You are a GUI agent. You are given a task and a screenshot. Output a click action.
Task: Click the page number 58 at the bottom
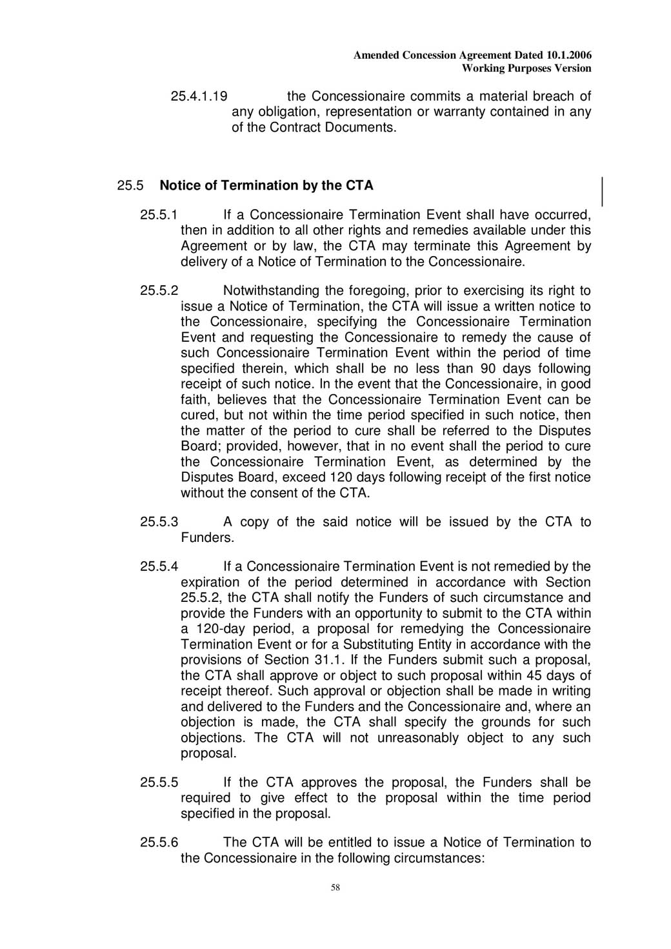click(x=335, y=888)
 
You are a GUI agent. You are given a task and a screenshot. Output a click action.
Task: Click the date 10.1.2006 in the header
click(x=568, y=55)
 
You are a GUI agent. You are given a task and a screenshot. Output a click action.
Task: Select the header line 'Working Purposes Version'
click(x=526, y=68)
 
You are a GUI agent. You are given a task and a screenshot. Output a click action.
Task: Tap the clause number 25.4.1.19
click(x=199, y=97)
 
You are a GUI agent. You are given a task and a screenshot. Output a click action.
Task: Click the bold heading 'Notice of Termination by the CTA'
click(x=266, y=186)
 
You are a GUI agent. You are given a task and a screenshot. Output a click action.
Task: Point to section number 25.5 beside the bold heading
click(x=130, y=186)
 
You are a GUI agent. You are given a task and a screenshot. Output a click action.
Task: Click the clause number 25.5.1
click(x=159, y=215)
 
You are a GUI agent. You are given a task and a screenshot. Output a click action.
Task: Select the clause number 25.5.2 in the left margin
click(x=159, y=291)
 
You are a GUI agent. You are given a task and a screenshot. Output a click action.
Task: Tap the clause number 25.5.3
click(x=159, y=522)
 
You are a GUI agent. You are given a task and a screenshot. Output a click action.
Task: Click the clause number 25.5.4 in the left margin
click(x=159, y=567)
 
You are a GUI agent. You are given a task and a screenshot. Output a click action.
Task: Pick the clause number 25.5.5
click(x=159, y=783)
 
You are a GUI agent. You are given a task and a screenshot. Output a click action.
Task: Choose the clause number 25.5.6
click(x=159, y=843)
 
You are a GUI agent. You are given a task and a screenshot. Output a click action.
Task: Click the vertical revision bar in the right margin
click(x=603, y=191)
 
